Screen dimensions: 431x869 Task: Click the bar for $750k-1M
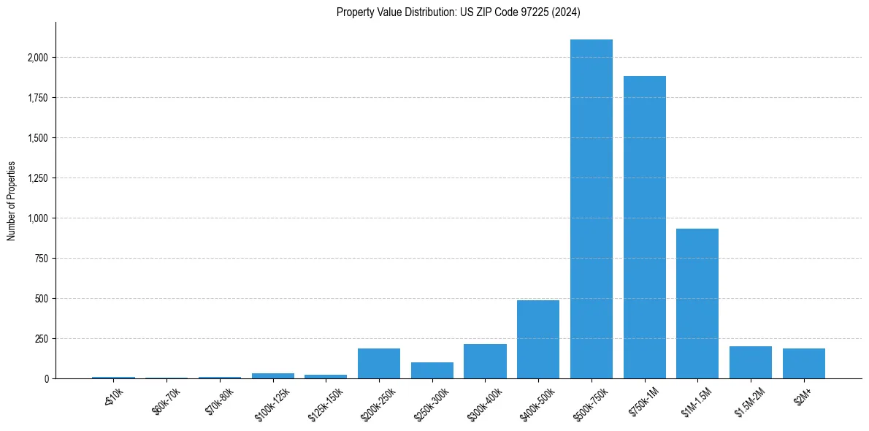pos(645,227)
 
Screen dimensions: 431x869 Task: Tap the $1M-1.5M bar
pos(697,303)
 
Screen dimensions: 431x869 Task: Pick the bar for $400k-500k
pos(538,339)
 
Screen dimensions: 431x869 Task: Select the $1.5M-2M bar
pos(751,362)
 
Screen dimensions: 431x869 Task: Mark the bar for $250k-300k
pos(432,370)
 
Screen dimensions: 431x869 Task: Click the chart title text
pos(459,12)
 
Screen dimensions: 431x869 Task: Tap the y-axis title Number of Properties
pos(12,200)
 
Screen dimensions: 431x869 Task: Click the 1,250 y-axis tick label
pos(36,178)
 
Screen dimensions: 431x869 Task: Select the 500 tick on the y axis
pos(41,299)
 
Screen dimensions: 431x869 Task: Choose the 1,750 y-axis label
pos(36,98)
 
